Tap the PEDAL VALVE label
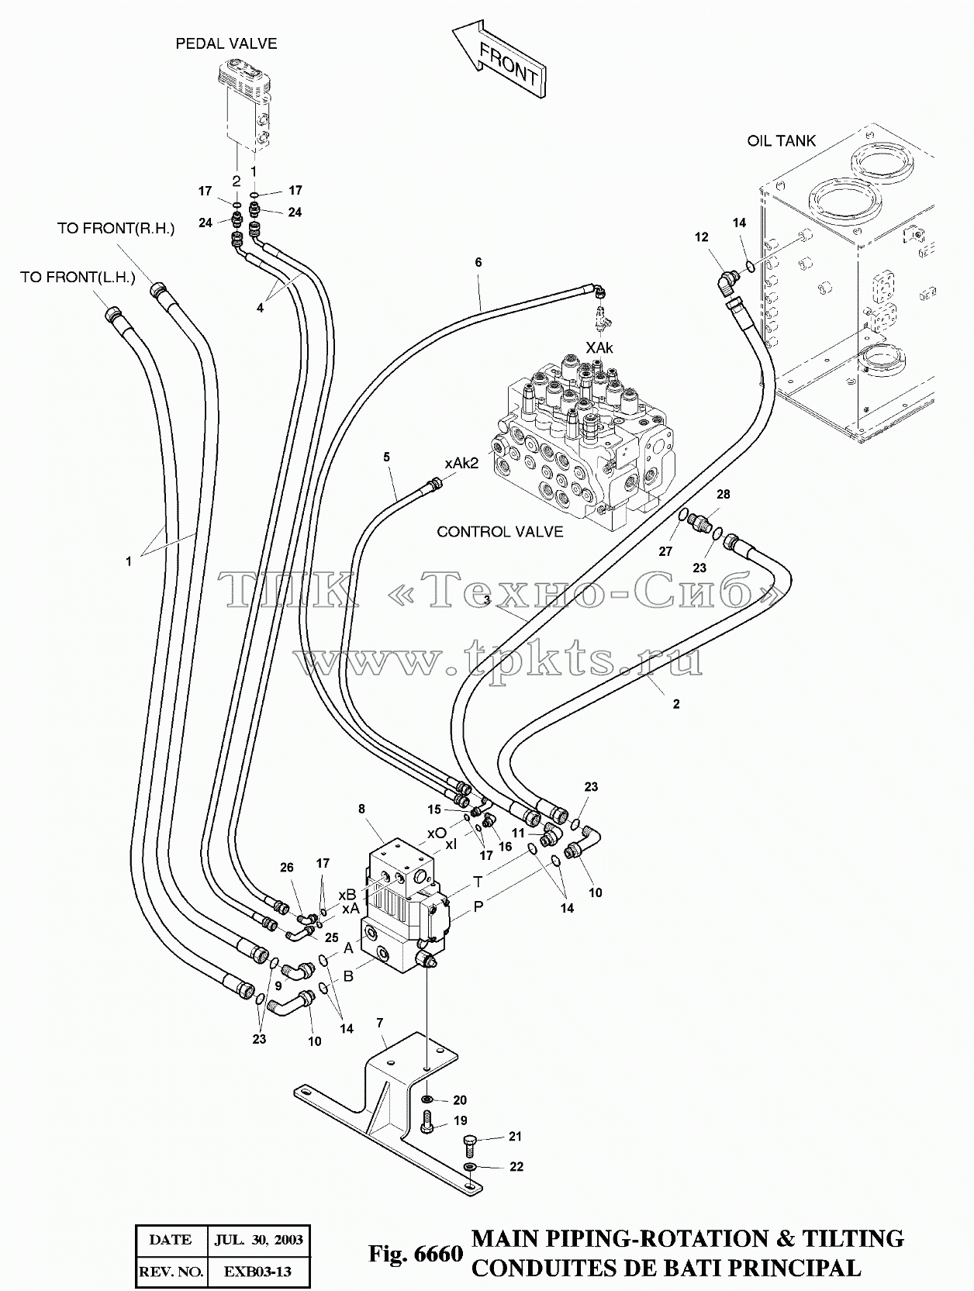226,43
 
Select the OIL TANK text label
782,140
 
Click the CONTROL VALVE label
500,532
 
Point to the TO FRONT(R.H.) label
116,229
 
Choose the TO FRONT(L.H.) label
78,277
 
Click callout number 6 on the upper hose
478,262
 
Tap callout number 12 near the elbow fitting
701,237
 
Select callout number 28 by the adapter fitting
723,494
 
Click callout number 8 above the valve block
361,809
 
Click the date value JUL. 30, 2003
258,1239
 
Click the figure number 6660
439,1254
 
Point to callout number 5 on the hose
386,457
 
